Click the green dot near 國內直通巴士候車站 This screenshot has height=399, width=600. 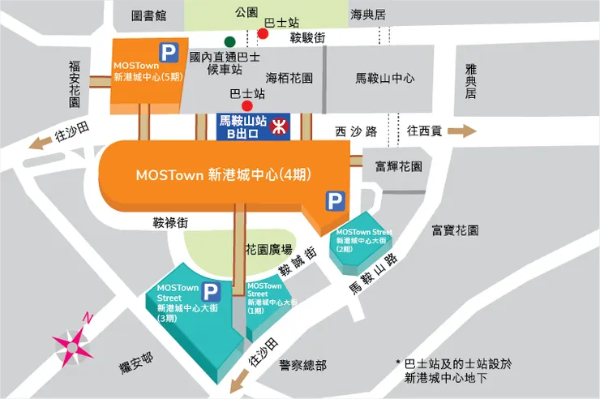(231, 41)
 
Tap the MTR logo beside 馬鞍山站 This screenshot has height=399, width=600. (277, 126)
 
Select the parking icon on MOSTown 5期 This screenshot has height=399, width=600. (169, 54)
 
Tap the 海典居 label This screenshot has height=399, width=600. (367, 15)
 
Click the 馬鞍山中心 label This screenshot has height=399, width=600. (385, 78)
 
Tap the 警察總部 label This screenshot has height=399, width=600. (302, 365)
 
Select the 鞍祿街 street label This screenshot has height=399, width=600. (170, 221)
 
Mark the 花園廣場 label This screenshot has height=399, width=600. (268, 248)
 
